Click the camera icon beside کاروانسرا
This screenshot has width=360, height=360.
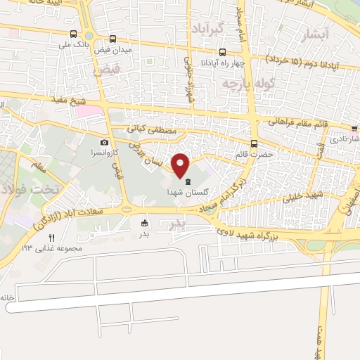(105, 142)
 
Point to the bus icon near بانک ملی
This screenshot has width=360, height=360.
(74, 34)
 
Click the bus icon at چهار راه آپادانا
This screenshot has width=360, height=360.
(223, 51)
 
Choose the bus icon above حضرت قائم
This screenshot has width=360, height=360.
(254, 142)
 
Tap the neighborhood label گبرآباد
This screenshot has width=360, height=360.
(206, 28)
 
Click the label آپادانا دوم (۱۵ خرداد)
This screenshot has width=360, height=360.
(302, 64)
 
